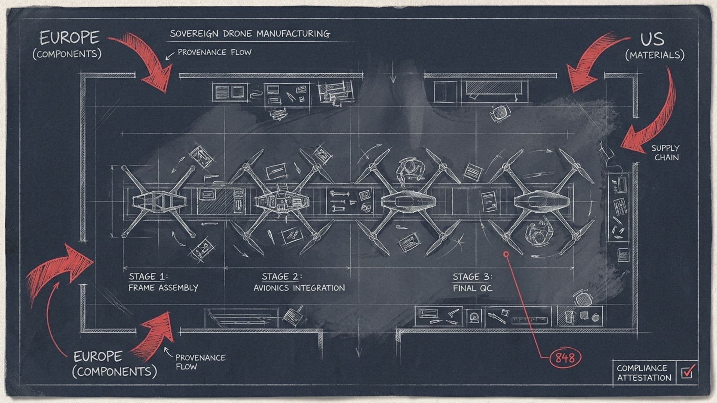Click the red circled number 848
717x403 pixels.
point(565,358)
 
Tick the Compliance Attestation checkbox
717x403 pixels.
point(687,372)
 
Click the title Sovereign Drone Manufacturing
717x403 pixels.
point(250,34)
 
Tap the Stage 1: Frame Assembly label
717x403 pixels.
point(163,282)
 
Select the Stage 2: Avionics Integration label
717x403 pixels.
point(299,282)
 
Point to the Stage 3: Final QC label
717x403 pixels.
point(472,282)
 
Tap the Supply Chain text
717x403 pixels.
point(665,153)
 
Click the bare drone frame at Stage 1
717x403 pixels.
point(158,202)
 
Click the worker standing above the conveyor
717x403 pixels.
point(410,170)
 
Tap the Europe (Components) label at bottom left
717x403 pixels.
point(115,364)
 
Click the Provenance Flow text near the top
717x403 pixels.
point(214,52)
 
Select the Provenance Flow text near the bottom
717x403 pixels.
point(201,362)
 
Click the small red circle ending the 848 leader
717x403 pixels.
point(506,254)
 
